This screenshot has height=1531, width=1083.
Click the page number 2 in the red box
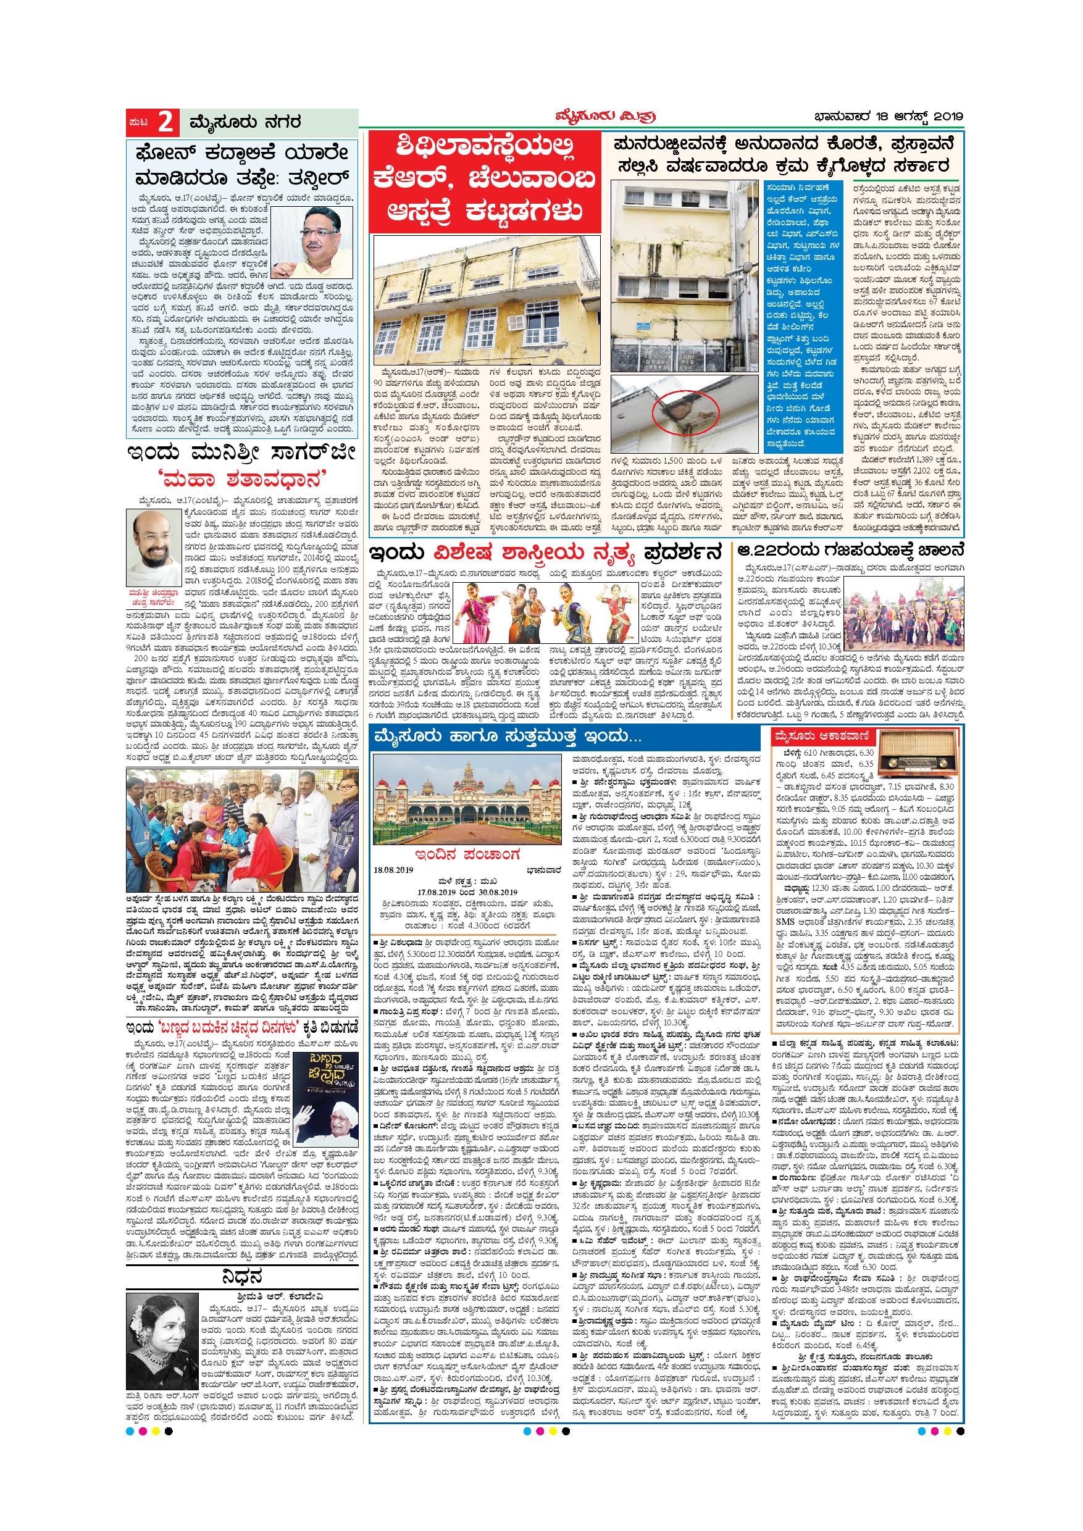166,123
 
